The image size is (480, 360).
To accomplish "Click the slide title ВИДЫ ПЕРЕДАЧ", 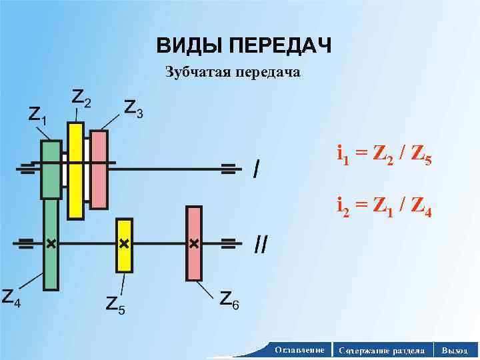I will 243,46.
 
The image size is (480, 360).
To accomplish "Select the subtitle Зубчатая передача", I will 233,72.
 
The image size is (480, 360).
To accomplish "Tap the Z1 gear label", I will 37,115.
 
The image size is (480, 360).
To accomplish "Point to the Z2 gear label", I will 81,99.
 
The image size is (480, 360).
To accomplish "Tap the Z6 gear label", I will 229,301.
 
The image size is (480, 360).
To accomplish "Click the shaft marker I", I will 257,169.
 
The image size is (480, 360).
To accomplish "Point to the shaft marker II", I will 261,245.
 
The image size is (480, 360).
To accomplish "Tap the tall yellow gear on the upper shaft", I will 76,171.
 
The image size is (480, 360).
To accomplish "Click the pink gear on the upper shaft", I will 99,170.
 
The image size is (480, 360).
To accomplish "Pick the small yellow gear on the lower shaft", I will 124,245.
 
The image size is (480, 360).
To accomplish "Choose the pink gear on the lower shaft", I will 194,243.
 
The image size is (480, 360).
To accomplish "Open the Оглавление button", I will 299,349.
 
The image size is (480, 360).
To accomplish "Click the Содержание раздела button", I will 381,349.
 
